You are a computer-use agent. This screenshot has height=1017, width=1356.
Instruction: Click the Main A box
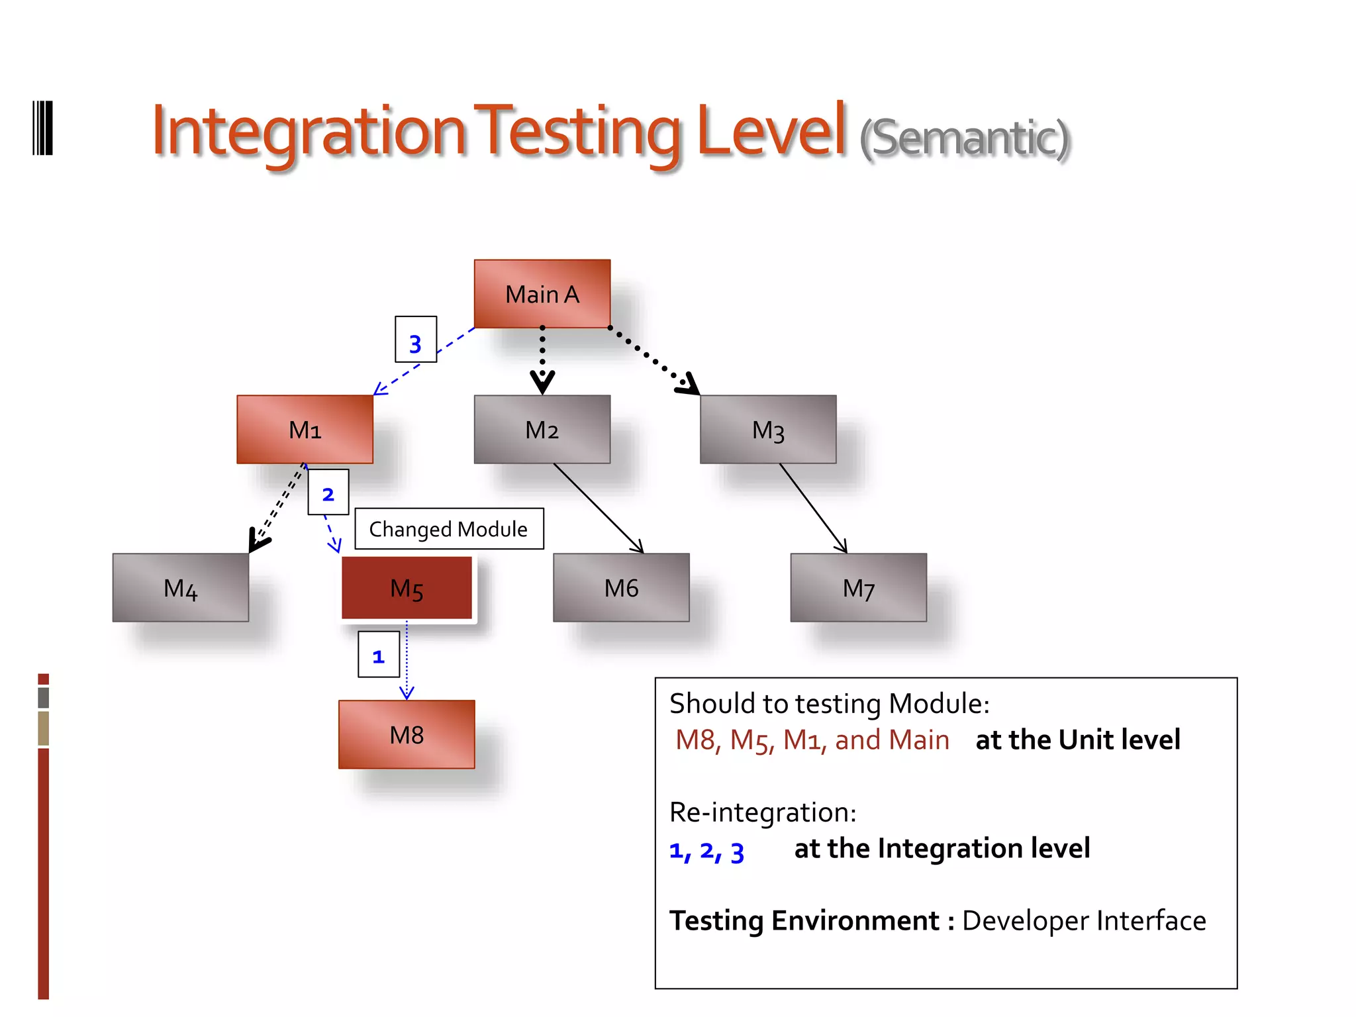542,294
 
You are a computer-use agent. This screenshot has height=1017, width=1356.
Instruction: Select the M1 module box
305,430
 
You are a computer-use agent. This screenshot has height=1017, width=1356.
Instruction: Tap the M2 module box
542,430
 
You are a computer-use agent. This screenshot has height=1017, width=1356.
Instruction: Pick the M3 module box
768,430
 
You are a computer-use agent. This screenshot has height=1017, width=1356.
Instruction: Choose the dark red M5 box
407,588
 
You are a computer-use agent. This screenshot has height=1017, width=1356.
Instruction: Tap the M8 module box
407,734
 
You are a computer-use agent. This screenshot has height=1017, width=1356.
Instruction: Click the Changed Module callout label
449,529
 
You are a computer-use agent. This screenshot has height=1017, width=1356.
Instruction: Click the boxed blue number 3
415,340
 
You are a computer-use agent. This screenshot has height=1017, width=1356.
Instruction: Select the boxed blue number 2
328,493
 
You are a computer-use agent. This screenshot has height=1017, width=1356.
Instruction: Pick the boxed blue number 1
378,655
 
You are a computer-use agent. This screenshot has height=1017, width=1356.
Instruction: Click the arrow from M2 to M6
598,508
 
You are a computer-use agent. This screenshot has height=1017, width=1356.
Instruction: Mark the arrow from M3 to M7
813,508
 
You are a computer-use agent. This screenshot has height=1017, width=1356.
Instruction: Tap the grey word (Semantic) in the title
964,138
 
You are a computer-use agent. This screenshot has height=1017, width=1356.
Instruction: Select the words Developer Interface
1084,921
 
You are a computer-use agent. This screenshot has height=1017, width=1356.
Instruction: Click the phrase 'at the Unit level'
1078,740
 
